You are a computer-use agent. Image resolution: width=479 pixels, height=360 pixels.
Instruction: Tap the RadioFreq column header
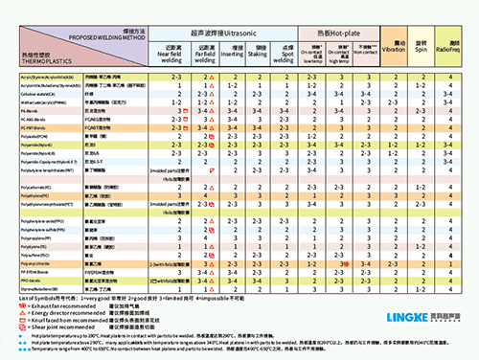tap(449, 45)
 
